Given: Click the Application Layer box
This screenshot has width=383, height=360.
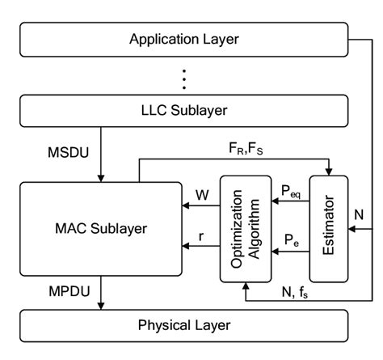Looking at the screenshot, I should pos(183,39).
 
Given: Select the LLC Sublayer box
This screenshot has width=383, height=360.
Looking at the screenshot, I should pos(183,110).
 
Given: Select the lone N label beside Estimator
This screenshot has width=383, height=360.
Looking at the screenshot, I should pos(360,214).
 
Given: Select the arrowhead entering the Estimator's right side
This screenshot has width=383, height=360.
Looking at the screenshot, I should pos(351,229).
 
